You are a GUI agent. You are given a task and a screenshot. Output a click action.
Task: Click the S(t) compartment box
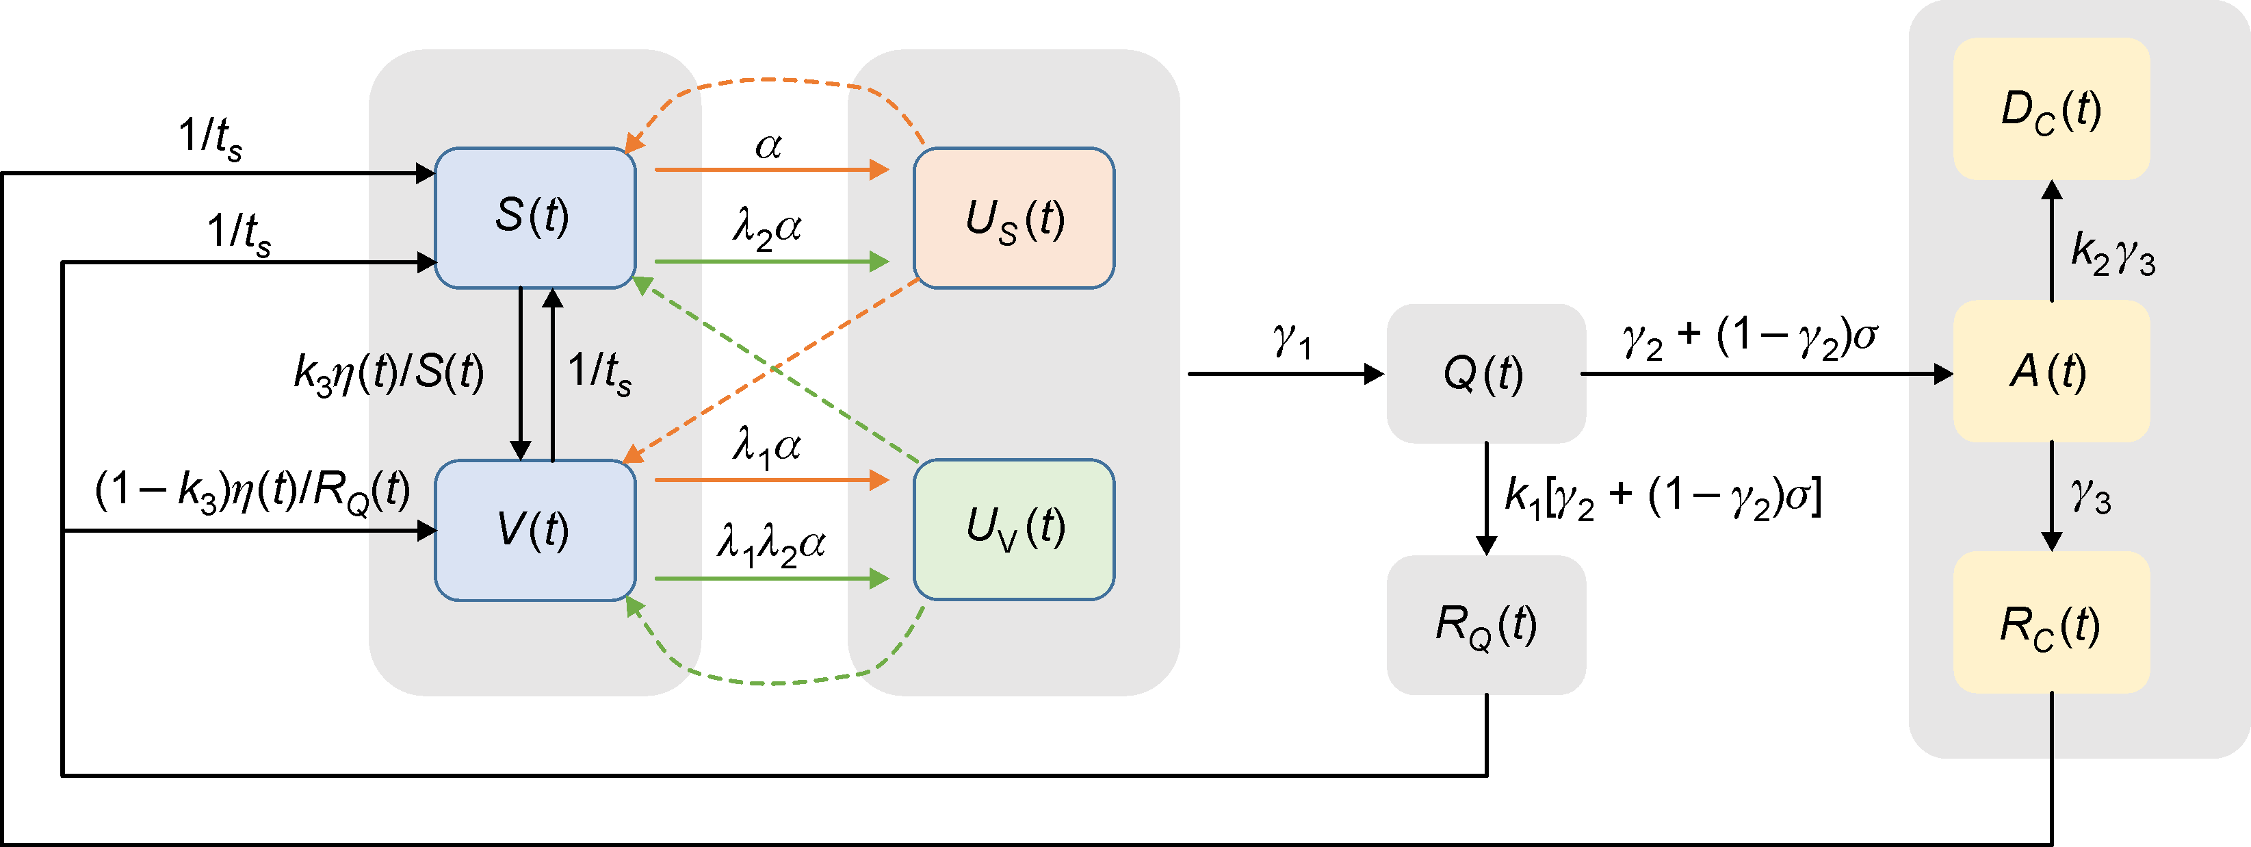(x=535, y=218)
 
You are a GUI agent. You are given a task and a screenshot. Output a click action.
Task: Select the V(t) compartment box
(x=535, y=530)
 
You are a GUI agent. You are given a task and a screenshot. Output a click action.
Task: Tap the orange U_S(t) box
(x=1014, y=218)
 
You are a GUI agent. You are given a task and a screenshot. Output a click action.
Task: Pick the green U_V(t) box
(x=1014, y=529)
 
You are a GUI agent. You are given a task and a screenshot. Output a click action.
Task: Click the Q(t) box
(x=1485, y=373)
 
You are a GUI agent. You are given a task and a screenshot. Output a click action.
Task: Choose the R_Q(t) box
(x=1485, y=625)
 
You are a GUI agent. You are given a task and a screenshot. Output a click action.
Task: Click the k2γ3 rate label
(x=2113, y=253)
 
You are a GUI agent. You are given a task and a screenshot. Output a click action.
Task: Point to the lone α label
(x=768, y=145)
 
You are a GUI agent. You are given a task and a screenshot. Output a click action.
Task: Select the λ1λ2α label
(x=770, y=544)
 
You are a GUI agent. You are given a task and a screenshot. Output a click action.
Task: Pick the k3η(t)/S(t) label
(x=389, y=372)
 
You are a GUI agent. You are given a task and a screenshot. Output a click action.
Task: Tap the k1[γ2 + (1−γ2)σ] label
(x=1662, y=496)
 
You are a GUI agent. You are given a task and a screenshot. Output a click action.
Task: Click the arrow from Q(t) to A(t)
(x=1765, y=374)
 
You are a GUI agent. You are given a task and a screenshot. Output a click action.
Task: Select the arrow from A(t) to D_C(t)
(x=2052, y=240)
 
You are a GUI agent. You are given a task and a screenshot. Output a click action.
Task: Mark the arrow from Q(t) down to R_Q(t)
(x=1486, y=498)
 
